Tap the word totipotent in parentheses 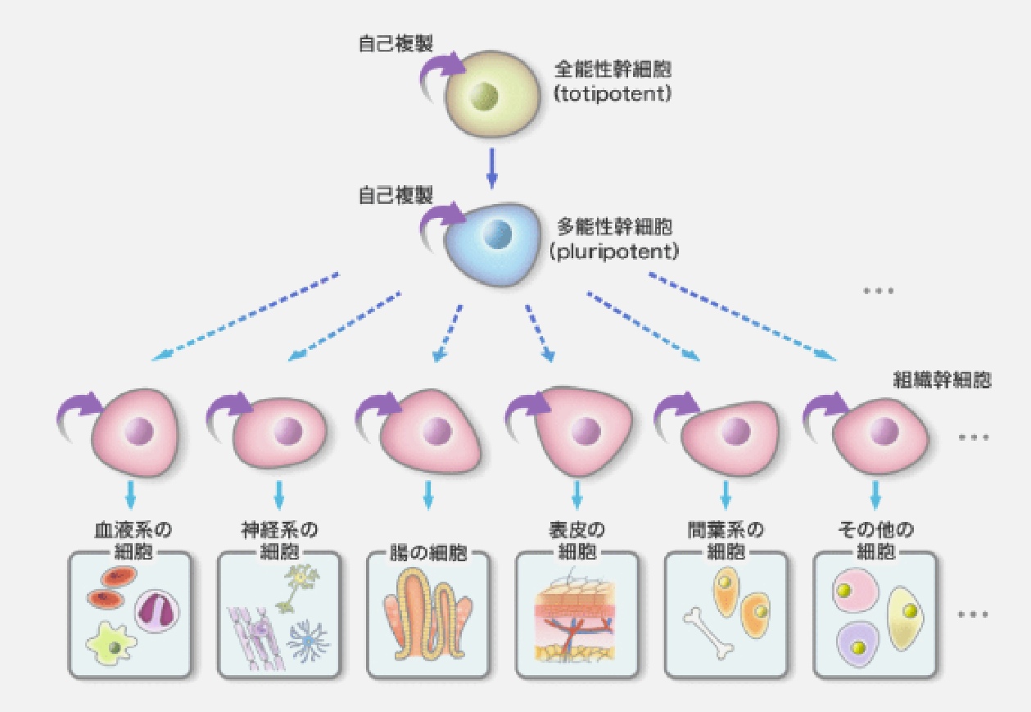pos(613,95)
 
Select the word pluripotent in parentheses pos(614,251)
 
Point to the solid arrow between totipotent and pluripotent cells pos(491,168)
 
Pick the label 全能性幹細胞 pos(613,69)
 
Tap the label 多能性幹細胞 pos(614,224)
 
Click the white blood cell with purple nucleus pos(156,611)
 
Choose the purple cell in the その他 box pos(856,643)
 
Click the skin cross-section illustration pos(576,623)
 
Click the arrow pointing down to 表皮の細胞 pos(577,494)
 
